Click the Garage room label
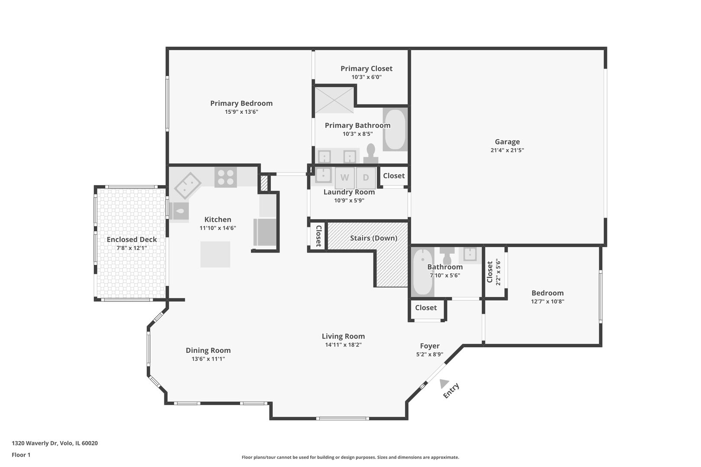[x=507, y=142]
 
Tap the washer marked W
[x=344, y=178]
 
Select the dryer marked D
[x=366, y=178]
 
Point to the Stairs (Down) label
[x=373, y=238]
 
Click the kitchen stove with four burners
[x=225, y=177]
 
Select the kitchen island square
[x=215, y=254]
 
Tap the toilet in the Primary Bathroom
[x=371, y=154]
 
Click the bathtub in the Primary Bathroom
[x=395, y=129]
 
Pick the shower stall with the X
[x=334, y=100]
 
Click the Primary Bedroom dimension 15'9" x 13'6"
[x=241, y=112]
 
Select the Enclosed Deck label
[x=132, y=240]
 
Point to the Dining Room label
[x=208, y=350]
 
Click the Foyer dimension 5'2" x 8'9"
[x=430, y=354]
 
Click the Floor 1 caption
[x=21, y=455]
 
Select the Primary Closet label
[x=367, y=68]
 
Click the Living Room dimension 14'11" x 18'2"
[x=343, y=345]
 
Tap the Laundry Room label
[x=349, y=192]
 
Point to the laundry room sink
[x=323, y=175]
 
